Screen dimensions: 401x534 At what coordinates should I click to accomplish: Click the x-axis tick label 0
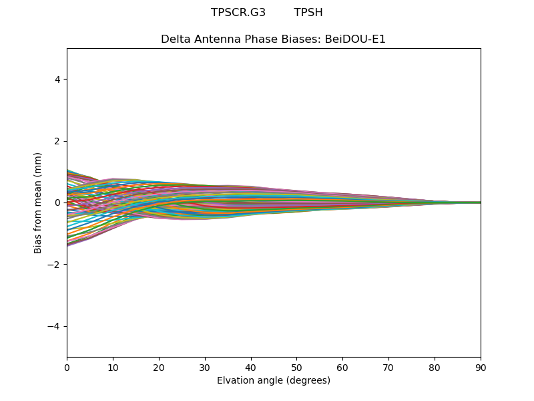tap(67, 367)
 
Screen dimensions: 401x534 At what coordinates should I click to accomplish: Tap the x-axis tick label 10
tap(113, 367)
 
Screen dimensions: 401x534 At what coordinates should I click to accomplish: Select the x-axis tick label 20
tap(159, 367)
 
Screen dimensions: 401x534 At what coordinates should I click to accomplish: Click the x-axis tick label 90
tap(481, 367)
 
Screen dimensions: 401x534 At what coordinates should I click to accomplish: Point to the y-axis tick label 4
tap(58, 80)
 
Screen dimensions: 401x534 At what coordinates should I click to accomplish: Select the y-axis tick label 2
tap(58, 141)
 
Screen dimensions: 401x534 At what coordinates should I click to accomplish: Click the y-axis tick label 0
tap(58, 203)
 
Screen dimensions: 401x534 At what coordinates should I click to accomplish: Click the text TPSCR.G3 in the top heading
tap(238, 13)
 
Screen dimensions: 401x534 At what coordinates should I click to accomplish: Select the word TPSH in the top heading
tap(308, 13)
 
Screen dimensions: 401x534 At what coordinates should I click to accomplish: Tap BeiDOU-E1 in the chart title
tap(355, 39)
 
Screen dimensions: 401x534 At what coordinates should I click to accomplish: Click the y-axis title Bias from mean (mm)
tap(38, 203)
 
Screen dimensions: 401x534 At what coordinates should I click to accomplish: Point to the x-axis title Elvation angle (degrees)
tap(274, 380)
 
